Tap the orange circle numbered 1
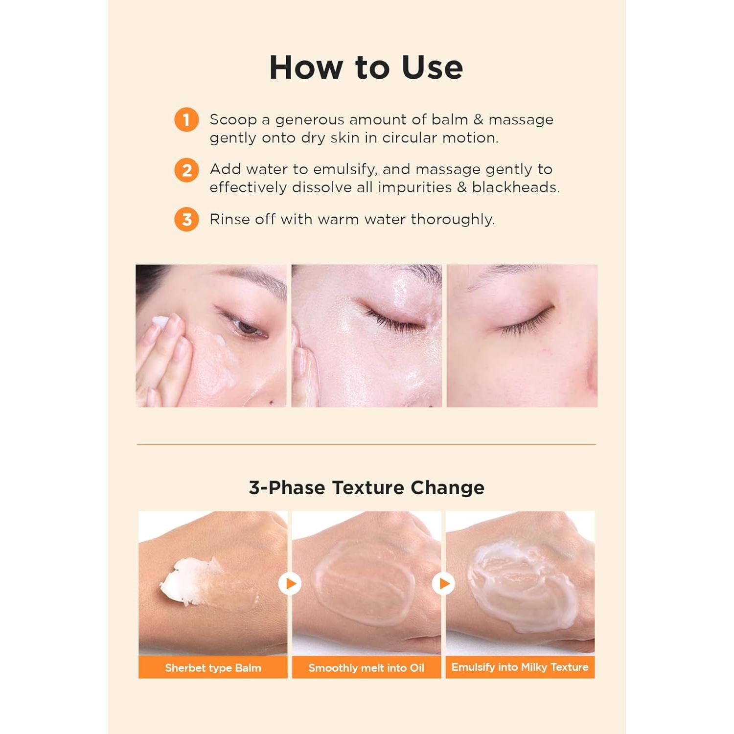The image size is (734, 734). (x=186, y=120)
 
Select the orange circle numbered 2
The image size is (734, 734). (x=186, y=170)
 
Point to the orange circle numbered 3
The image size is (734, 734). (x=186, y=220)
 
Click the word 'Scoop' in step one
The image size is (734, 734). (x=233, y=120)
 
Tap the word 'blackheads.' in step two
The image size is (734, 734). (x=516, y=187)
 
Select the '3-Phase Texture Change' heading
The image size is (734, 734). (x=367, y=488)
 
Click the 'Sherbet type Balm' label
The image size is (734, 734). (x=213, y=668)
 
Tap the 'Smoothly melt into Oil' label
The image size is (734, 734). (x=367, y=668)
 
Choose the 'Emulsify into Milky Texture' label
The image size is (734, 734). (x=520, y=667)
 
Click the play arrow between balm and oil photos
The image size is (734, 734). (x=290, y=584)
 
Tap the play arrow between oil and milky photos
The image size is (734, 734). (x=444, y=584)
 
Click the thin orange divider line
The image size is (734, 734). (x=367, y=444)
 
